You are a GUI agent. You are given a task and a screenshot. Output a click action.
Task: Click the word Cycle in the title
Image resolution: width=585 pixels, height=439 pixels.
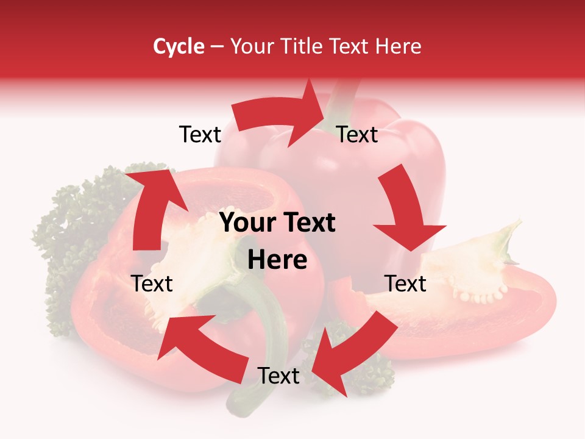(x=179, y=46)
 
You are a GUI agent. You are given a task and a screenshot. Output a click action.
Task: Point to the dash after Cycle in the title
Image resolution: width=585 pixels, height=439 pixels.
(x=217, y=46)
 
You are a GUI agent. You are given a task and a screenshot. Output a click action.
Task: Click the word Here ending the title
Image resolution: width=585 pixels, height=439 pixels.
(x=399, y=46)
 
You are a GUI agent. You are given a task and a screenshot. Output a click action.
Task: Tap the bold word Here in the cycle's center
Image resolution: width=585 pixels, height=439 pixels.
(x=277, y=260)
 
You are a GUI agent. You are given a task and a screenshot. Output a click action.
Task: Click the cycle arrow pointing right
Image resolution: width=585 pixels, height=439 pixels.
(x=280, y=116)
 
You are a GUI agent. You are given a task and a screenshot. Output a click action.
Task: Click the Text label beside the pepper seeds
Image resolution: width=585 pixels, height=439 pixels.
(x=405, y=284)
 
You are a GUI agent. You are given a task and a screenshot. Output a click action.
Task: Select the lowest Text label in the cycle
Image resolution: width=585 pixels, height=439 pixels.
(x=278, y=376)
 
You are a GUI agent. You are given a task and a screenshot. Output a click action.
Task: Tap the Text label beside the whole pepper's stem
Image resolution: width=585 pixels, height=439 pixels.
(x=357, y=135)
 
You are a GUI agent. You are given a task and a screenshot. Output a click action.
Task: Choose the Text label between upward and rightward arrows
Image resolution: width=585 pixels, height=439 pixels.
(x=200, y=135)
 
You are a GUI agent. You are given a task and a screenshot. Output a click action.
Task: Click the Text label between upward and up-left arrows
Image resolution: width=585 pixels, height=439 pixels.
(x=152, y=284)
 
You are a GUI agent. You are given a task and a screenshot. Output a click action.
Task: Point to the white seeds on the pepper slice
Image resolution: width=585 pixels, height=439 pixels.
(x=481, y=297)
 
